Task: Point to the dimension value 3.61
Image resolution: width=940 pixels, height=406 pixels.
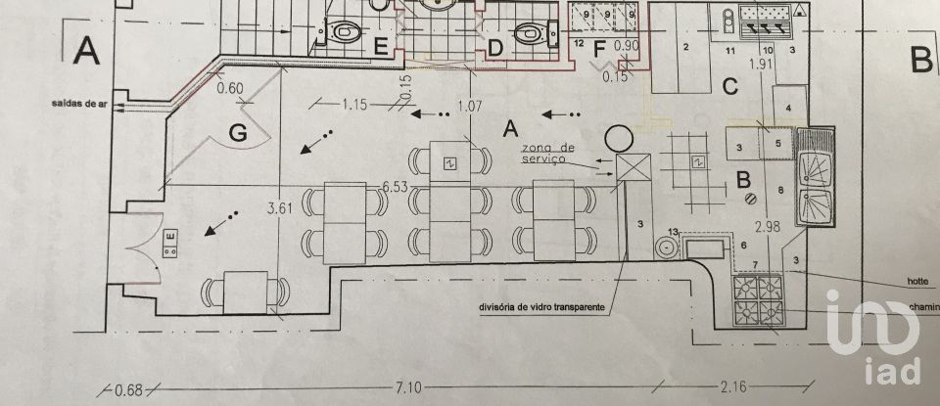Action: tap(280, 207)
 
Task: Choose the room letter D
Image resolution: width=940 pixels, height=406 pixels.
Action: tap(495, 46)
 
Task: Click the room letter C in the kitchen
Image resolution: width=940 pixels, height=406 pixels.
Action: tap(729, 86)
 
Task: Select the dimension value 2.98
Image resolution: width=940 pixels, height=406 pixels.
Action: tap(769, 226)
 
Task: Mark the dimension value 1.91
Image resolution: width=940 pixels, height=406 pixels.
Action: tap(761, 65)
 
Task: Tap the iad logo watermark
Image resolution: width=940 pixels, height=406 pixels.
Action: tap(873, 338)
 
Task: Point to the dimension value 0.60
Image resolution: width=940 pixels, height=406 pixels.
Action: tap(230, 88)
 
